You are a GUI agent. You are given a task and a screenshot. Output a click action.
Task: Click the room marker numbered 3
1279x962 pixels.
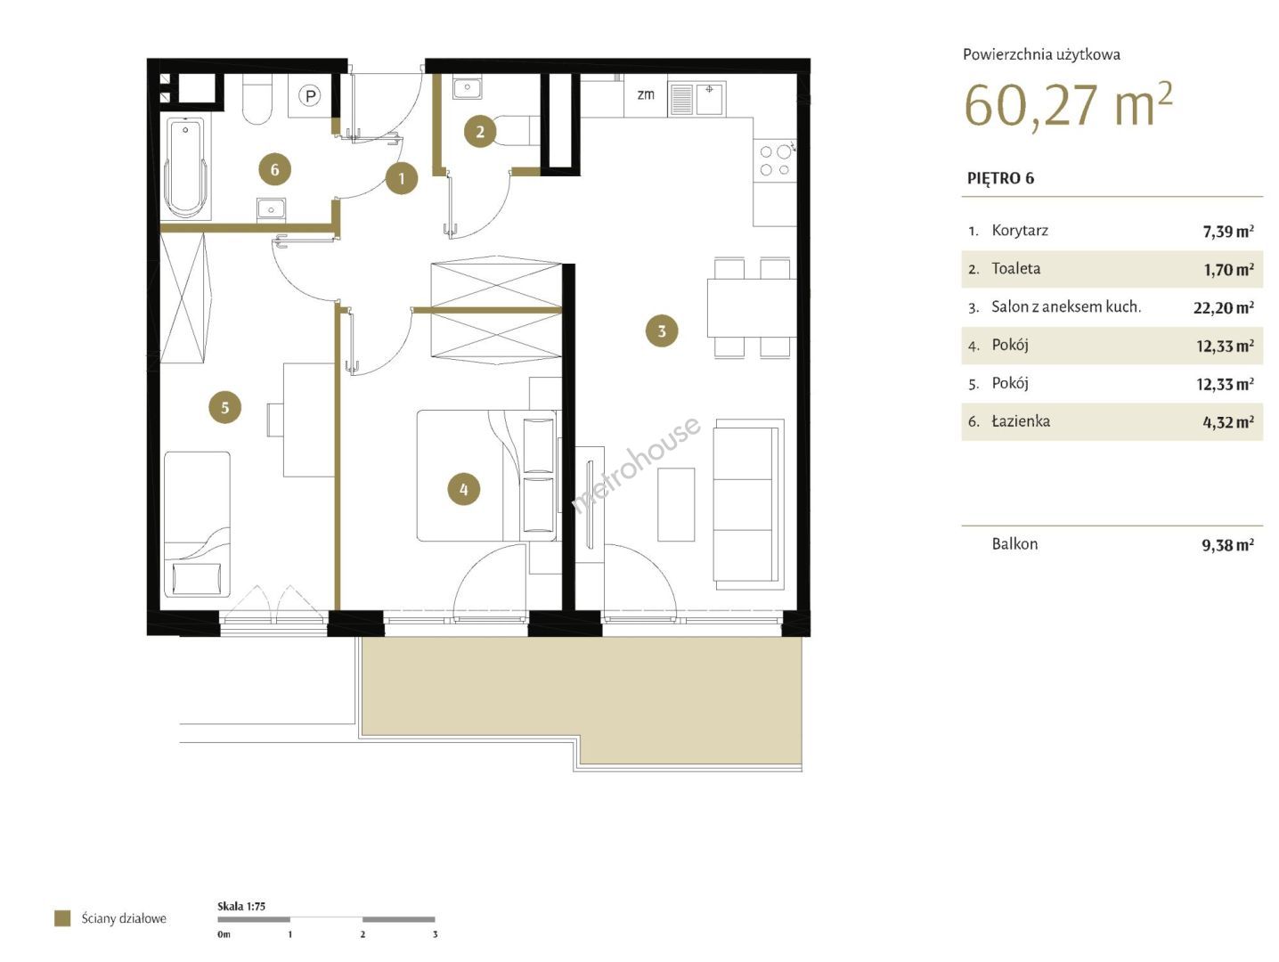coord(662,331)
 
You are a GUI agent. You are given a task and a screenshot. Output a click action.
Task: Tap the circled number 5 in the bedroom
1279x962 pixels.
coord(225,407)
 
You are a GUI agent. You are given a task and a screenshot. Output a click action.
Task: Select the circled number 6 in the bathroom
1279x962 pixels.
coord(274,169)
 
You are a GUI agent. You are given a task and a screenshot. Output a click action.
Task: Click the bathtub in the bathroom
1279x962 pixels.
coord(185,167)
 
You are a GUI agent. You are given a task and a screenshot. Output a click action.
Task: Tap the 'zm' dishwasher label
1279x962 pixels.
coord(645,94)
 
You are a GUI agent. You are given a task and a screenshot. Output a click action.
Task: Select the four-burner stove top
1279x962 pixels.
coord(775,160)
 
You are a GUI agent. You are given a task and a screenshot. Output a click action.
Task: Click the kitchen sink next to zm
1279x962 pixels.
coord(697,99)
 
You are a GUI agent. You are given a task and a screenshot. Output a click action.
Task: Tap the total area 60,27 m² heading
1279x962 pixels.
coord(1068,105)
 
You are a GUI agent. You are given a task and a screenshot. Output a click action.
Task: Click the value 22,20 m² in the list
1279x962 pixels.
coord(1224,307)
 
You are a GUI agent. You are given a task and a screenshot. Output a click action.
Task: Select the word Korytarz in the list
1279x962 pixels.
coord(1020,231)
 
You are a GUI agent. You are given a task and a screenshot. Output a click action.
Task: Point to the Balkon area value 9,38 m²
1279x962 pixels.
coord(1227,545)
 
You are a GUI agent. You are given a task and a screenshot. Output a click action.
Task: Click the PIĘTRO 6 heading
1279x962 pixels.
coord(1000,178)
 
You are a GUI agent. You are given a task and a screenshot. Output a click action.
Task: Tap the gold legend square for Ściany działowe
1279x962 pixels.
coord(62,918)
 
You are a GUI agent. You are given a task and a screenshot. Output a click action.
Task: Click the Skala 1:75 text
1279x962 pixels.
coord(241,906)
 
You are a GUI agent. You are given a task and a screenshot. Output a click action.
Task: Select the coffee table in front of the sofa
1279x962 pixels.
coord(676,504)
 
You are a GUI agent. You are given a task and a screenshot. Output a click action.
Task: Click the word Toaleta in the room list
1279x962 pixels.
coord(1015,269)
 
